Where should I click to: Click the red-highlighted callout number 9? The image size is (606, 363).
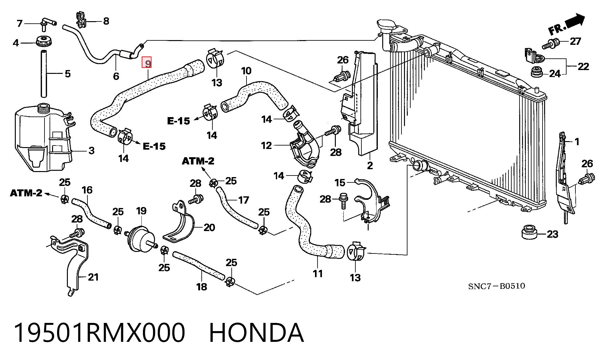coord(147,63)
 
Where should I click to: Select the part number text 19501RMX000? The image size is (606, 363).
coord(99,333)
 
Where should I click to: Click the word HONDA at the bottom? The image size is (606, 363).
coord(256,333)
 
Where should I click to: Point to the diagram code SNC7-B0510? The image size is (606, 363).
coord(497,286)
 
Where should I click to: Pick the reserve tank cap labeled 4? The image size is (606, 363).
coord(44,41)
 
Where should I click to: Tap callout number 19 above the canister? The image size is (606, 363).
coord(141,211)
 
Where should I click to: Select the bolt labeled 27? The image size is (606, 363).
coord(551,44)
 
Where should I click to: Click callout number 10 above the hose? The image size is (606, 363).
coord(246,71)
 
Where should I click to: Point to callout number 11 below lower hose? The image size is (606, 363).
coord(318,273)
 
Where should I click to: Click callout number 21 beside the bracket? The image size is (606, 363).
coord(93,277)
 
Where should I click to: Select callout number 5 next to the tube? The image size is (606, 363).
coord(68,74)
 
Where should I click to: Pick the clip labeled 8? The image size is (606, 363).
coord(81,20)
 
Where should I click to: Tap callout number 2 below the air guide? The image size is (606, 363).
coord(370,165)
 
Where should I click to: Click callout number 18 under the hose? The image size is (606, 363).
coord(202,287)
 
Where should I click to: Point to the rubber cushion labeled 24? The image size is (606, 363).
coord(536,72)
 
